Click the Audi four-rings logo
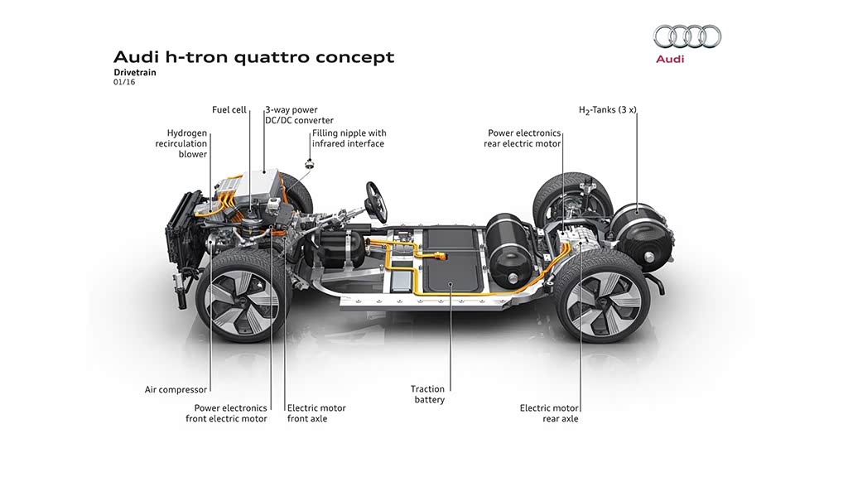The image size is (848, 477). tap(687, 36)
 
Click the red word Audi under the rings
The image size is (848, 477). tap(670, 60)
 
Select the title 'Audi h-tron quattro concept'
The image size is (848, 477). tap(253, 57)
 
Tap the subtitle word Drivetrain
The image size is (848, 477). tap(135, 73)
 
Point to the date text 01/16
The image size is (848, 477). tap(123, 83)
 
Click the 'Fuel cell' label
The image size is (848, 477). tap(229, 110)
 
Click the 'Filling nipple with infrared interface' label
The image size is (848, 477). tap(349, 138)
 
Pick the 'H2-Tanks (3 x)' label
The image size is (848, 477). tap(607, 110)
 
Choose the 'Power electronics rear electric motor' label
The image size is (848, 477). tap(524, 138)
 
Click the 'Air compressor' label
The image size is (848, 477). tap(176, 389)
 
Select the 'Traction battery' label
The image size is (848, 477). tap(428, 394)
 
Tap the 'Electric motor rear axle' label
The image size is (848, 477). tap(549, 413)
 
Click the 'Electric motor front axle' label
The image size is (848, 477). tap(316, 413)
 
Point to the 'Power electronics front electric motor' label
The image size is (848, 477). tap(227, 413)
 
